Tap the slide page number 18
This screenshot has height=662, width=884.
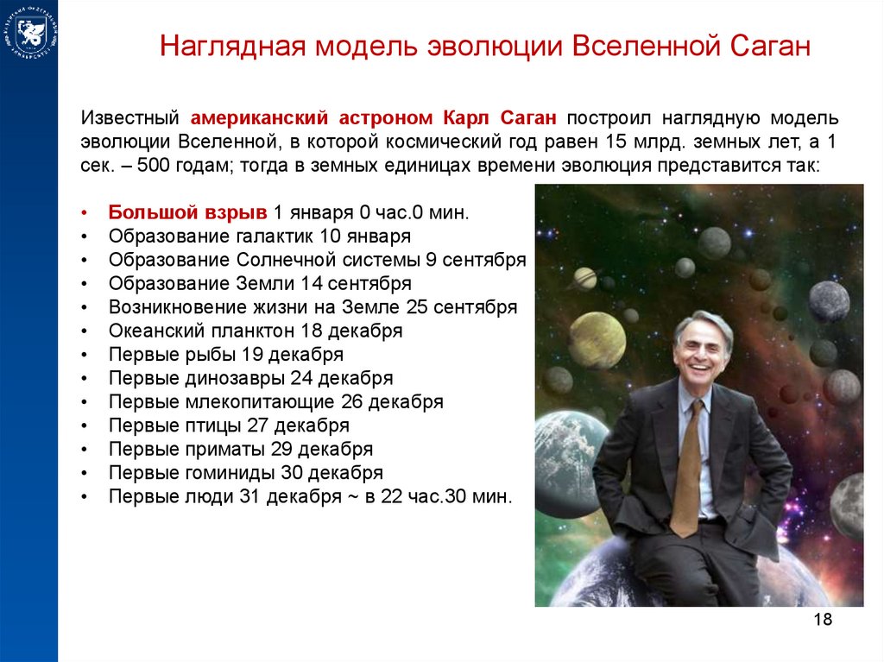coord(823,619)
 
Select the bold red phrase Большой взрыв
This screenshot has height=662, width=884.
coord(187,212)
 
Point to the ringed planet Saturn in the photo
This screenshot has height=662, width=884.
coord(584,279)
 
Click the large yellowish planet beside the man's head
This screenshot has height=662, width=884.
coord(597,341)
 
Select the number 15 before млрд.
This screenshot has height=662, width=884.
coord(616,142)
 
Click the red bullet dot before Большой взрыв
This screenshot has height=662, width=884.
coord(85,213)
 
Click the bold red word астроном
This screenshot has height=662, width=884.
coord(386,118)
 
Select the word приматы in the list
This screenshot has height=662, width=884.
coord(225,450)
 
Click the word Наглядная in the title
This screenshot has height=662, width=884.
coord(233,47)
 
